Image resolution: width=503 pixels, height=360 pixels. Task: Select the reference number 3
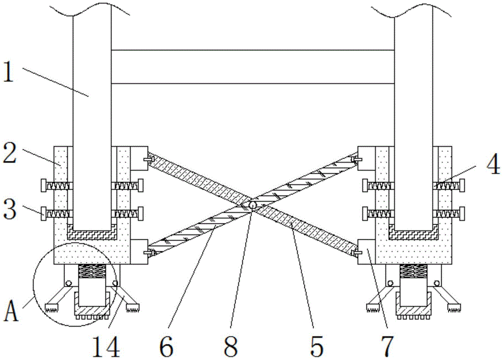point(11,209)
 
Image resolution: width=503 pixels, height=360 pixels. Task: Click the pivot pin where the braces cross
point(253,205)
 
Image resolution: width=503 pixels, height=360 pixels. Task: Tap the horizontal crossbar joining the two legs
point(251,66)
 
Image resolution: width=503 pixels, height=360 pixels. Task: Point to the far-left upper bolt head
point(43,186)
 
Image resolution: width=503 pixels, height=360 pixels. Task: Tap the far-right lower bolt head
point(461,213)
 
